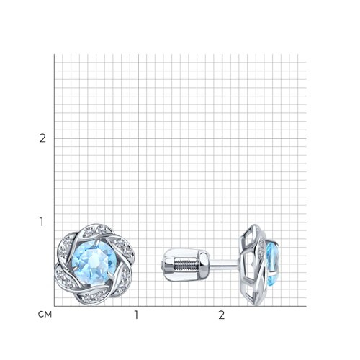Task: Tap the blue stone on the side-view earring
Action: (273, 264)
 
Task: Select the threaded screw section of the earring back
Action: (184, 264)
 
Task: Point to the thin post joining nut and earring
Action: (225, 264)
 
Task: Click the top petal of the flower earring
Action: (95, 232)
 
